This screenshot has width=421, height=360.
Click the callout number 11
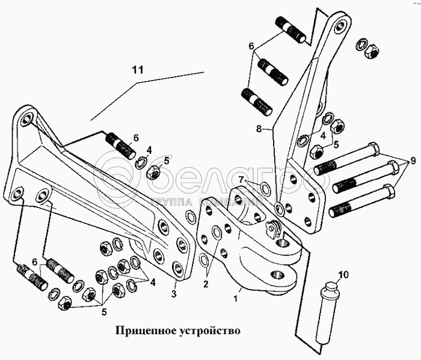(x=138, y=70)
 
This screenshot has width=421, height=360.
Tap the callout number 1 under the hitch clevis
(x=236, y=296)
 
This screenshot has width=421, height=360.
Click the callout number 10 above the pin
(x=342, y=275)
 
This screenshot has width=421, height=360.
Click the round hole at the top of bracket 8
(x=342, y=26)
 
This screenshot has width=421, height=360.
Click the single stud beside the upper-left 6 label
(x=122, y=146)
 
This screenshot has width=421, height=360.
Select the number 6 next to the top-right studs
(x=251, y=45)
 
